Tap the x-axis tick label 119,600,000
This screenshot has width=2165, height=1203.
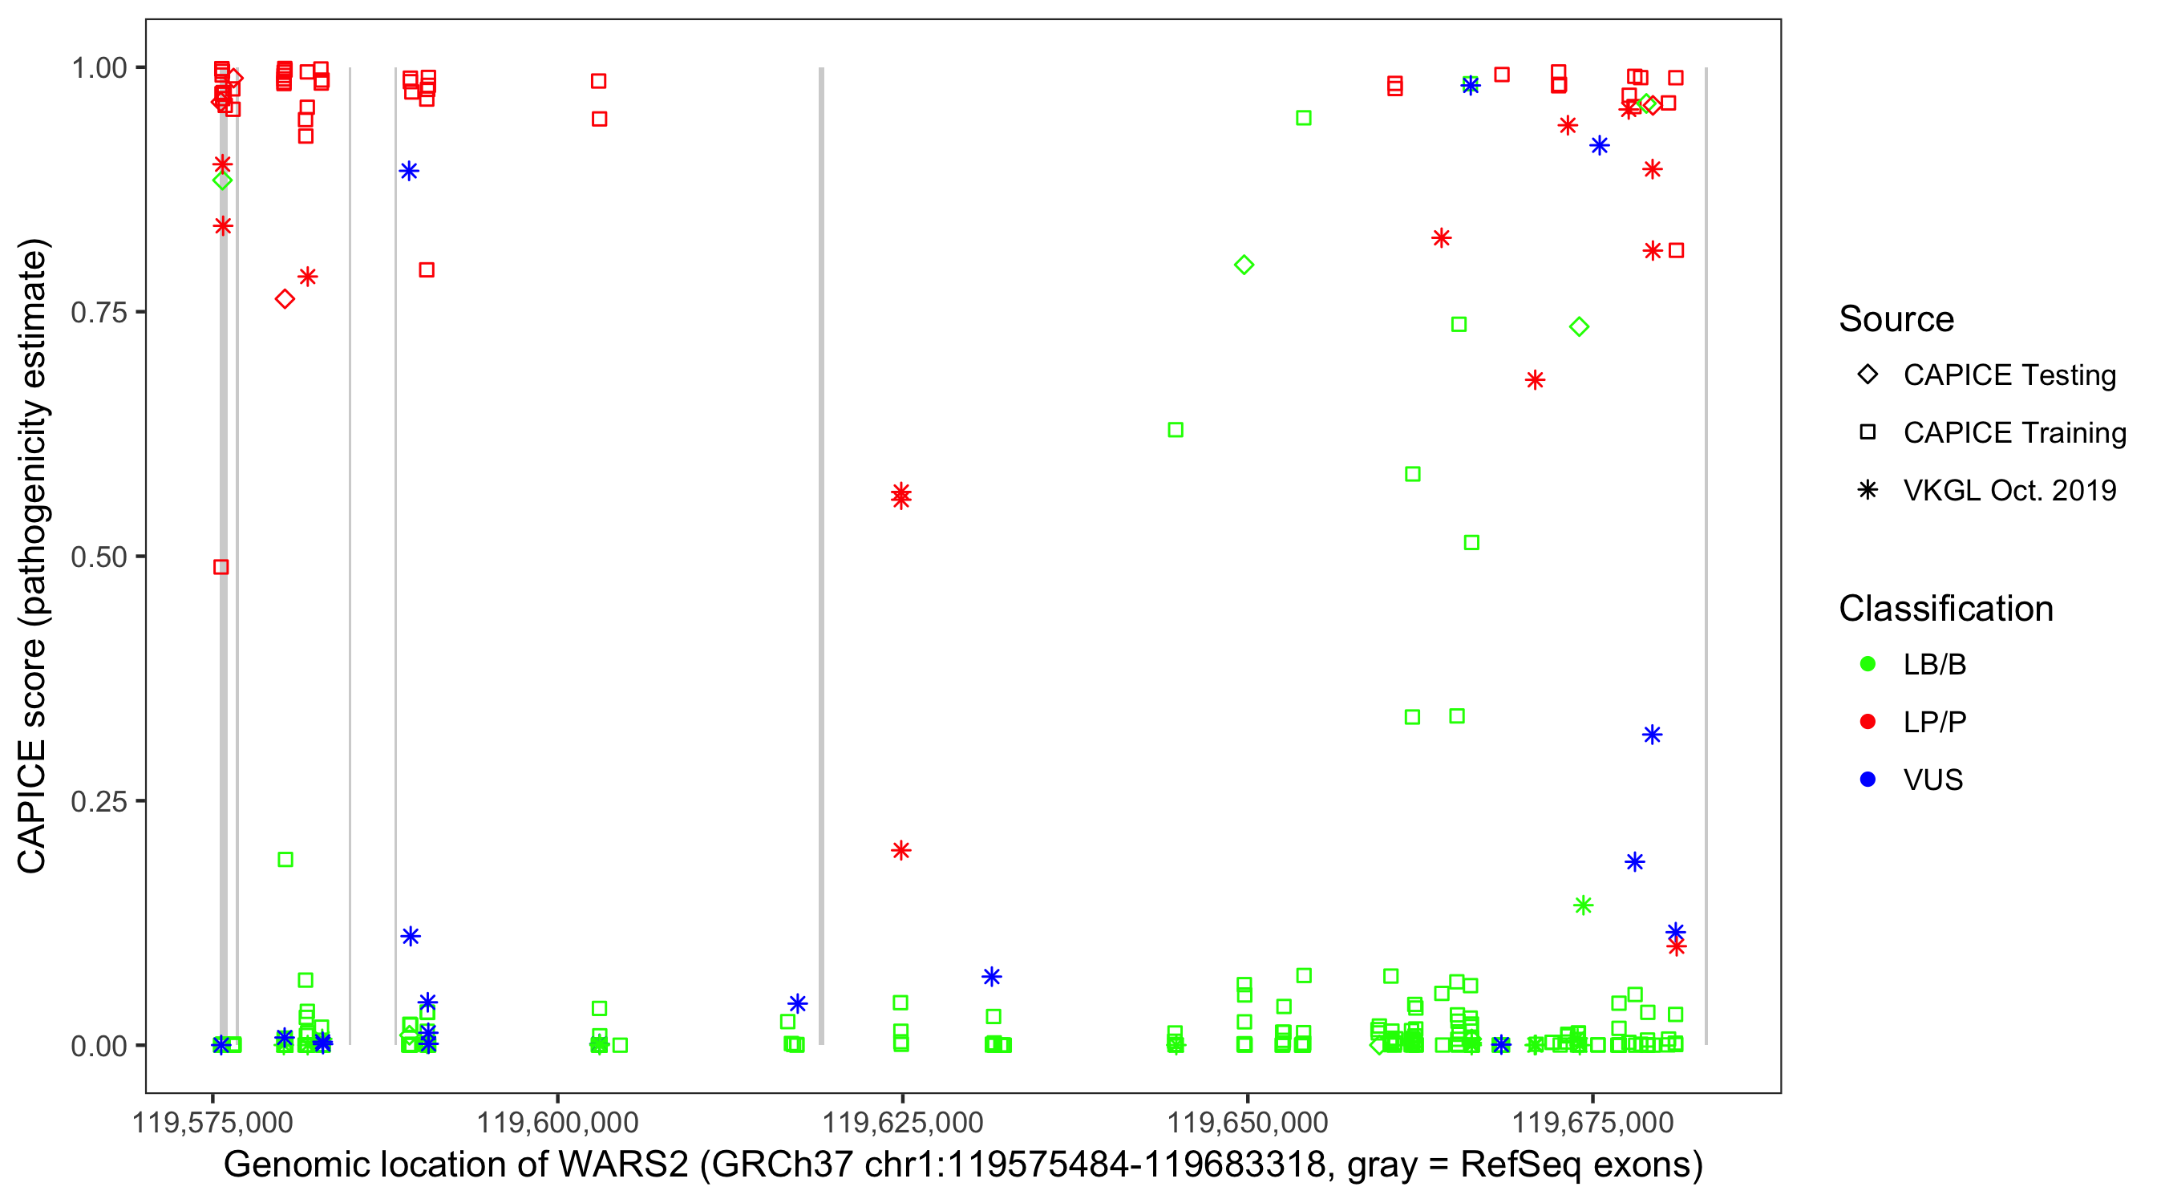tap(558, 1122)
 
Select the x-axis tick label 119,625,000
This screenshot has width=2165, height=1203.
tap(903, 1122)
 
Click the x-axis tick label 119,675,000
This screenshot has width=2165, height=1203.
tap(1592, 1122)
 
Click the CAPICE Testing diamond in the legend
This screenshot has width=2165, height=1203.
tap(1868, 375)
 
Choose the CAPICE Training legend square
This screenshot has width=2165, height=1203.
tap(1868, 433)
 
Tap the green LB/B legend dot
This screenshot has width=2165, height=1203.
tap(1868, 664)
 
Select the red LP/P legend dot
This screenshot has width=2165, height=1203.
tap(1868, 722)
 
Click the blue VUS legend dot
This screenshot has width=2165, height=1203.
tap(1868, 780)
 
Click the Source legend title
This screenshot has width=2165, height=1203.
tap(1896, 319)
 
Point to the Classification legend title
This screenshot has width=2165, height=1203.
tap(1945, 609)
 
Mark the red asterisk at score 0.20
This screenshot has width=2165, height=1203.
tap(901, 851)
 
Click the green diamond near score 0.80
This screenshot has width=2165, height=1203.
tap(1244, 265)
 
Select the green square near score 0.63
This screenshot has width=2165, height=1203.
tap(1176, 431)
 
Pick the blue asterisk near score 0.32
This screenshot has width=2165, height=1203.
tap(1653, 735)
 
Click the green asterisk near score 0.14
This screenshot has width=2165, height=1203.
tap(1584, 905)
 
